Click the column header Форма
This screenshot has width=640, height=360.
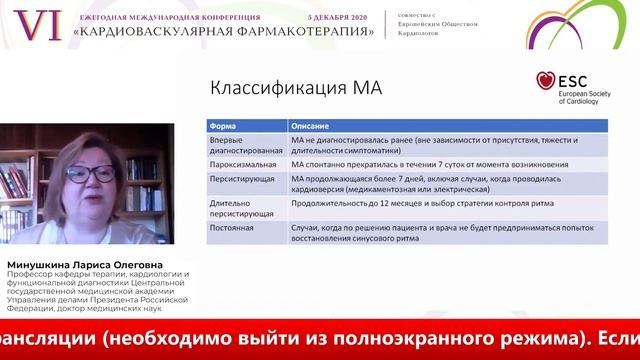221,126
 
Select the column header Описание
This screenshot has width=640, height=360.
309,126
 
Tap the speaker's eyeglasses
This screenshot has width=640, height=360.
92,173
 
